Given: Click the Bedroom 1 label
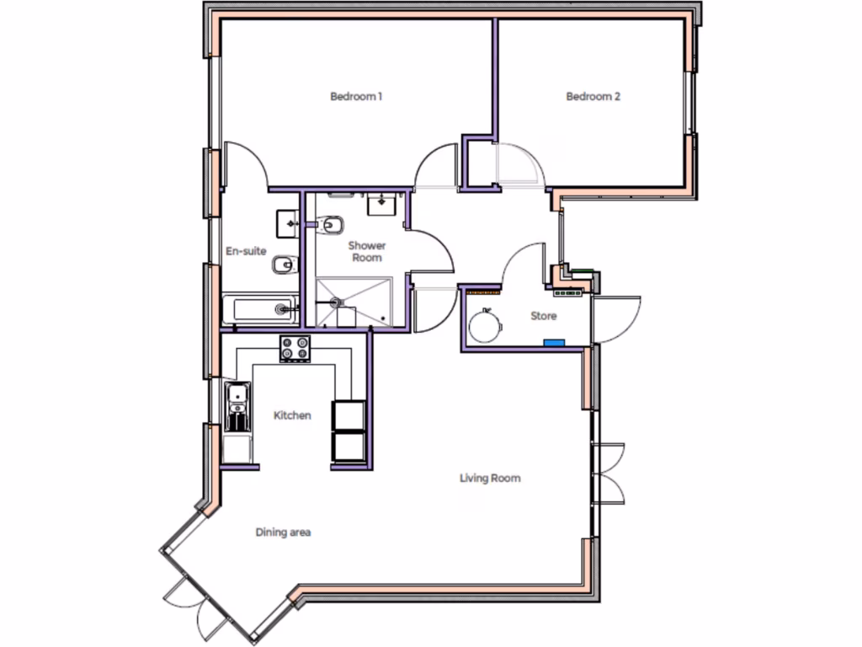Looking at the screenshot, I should click(356, 97).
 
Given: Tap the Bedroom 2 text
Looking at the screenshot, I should click(593, 97).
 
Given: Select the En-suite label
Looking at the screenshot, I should click(246, 250).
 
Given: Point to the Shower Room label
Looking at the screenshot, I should click(368, 251).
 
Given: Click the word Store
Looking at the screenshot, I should click(543, 317).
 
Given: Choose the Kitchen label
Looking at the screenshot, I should click(292, 415).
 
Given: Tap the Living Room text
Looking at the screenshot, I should click(490, 479).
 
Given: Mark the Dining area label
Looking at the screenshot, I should click(284, 532).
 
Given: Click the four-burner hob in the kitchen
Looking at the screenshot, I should click(295, 348).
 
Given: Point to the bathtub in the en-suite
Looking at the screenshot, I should click(260, 310).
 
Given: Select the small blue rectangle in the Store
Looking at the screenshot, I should click(553, 343).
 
